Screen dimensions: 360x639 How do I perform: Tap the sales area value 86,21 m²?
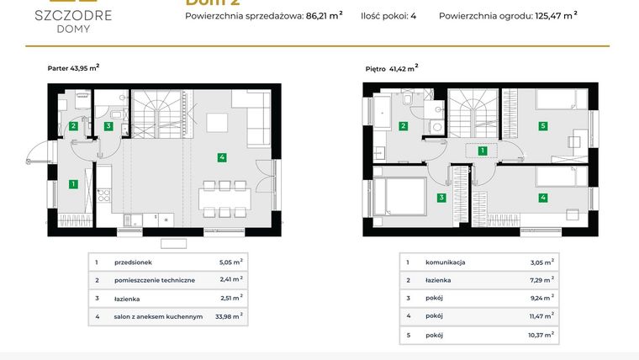tap(322, 14)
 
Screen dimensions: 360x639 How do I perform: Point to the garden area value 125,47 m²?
tap(556, 14)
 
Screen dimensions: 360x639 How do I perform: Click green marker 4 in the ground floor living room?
tap(222, 157)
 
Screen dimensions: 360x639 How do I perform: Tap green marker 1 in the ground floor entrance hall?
tap(74, 183)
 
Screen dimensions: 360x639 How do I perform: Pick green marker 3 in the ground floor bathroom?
tap(108, 126)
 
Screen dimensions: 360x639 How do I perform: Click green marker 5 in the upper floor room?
tap(543, 126)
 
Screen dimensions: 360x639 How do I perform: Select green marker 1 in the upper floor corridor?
tap(482, 151)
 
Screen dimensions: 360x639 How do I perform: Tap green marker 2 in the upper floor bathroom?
tap(404, 126)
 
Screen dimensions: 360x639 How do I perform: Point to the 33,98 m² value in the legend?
tap(230, 316)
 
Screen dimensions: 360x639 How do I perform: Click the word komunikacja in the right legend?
tap(445, 262)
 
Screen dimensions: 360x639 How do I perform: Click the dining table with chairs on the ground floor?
tap(223, 201)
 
